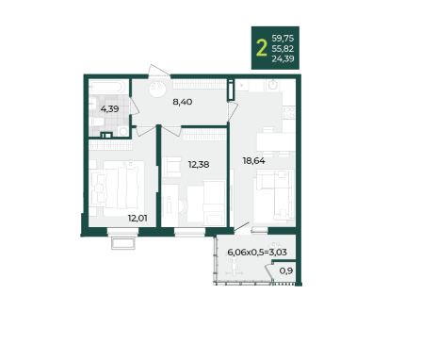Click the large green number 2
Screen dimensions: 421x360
tap(262, 48)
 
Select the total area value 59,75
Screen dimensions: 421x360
tap(283, 39)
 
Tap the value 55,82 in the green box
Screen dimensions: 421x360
tap(283, 49)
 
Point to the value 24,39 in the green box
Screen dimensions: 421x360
tap(283, 58)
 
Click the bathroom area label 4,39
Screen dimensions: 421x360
tap(109, 109)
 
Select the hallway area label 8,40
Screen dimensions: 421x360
tap(183, 102)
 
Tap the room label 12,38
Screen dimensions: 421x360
tap(199, 164)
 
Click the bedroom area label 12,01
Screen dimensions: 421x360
tap(138, 218)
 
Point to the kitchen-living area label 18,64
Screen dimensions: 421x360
tap(253, 161)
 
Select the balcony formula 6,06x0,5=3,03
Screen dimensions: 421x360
tap(257, 252)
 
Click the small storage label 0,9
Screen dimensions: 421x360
tap(286, 270)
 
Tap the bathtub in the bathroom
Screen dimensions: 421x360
tap(108, 87)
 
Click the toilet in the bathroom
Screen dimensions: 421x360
tap(99, 123)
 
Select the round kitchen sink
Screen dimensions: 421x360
tap(273, 85)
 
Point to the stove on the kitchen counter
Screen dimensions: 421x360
tap(289, 113)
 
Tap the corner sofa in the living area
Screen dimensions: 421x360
tap(274, 195)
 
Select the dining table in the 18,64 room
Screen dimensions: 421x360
tap(276, 142)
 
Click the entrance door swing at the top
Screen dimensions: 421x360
tap(159, 71)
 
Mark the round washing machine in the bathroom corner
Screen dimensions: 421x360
tap(123, 131)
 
